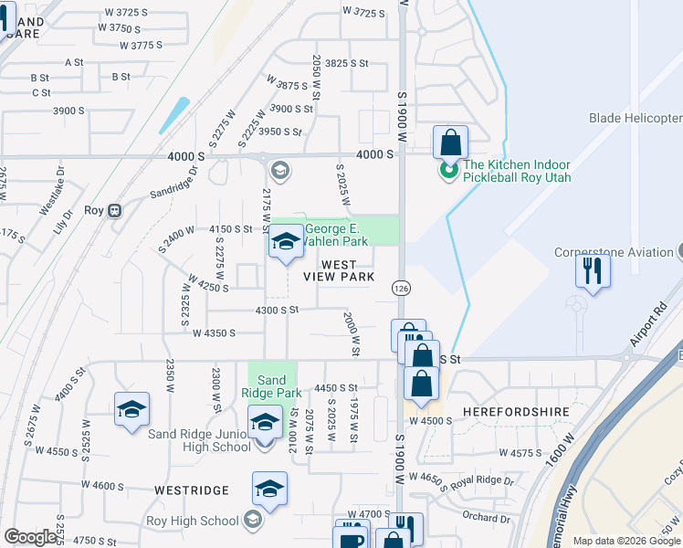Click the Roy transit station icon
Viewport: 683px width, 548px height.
tap(115, 210)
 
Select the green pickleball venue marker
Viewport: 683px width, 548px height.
tap(448, 171)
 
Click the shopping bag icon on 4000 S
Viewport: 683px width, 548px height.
tap(450, 143)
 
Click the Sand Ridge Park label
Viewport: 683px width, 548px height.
tap(272, 386)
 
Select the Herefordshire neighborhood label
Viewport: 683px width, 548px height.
tap(516, 412)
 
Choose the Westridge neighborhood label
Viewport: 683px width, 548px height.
tap(191, 490)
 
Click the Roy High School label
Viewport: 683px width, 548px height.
tap(193, 521)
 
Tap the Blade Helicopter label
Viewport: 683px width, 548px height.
tap(636, 119)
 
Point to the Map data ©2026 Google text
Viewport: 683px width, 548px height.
tap(625, 541)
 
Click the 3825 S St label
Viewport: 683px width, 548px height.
tap(346, 64)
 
